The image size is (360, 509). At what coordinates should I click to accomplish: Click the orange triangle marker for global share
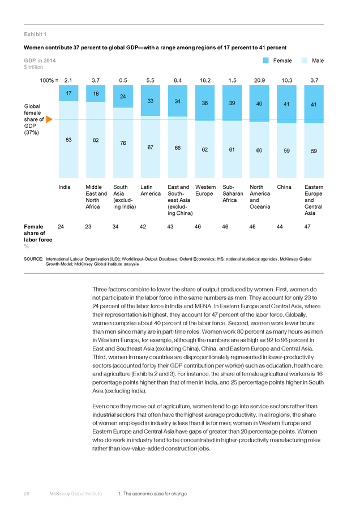pyautogui.click(x=49, y=119)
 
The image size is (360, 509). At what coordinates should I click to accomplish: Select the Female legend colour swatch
pyautogui.click(x=266, y=61)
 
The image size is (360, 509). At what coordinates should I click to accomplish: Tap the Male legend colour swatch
pyautogui.click(x=305, y=61)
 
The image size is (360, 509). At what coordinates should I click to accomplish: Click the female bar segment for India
pyautogui.click(x=68, y=93)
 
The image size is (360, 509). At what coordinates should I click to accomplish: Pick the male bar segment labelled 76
pyautogui.click(x=123, y=143)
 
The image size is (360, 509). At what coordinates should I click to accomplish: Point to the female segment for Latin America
pyautogui.click(x=151, y=101)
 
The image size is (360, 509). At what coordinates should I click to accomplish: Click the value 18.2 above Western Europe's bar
pyautogui.click(x=205, y=80)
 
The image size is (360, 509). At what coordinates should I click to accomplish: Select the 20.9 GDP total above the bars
pyautogui.click(x=259, y=80)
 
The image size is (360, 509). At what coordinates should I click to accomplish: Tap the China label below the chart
pyautogui.click(x=284, y=187)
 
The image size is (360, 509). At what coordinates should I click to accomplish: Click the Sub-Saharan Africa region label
pyautogui.click(x=233, y=193)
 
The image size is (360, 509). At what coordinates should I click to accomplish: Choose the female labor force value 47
pyautogui.click(x=307, y=227)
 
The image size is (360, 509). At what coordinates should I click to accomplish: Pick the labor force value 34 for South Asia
pyautogui.click(x=115, y=227)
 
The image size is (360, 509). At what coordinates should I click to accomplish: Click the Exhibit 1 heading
pyautogui.click(x=35, y=34)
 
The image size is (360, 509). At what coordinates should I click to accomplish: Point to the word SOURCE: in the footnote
pyautogui.click(x=33, y=259)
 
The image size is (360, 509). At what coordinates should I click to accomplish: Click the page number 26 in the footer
pyautogui.click(x=27, y=494)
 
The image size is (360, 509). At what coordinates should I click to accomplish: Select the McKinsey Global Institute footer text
pyautogui.click(x=76, y=494)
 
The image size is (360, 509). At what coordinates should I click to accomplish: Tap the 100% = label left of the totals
pyautogui.click(x=49, y=80)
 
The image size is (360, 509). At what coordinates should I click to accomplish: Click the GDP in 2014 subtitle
pyautogui.click(x=40, y=61)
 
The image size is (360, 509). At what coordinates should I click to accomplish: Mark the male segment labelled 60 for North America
pyautogui.click(x=259, y=150)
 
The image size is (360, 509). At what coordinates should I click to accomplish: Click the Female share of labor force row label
pyautogui.click(x=38, y=233)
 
